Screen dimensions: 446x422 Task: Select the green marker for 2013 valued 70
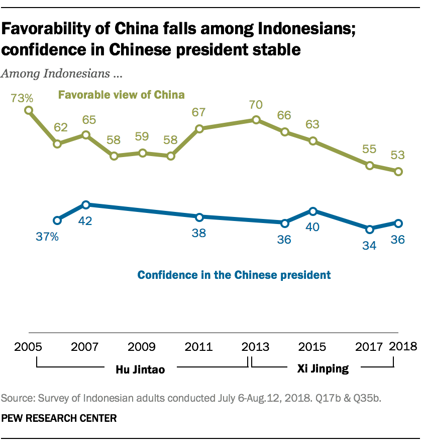pyautogui.click(x=256, y=120)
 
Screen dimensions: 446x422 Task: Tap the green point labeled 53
pyautogui.click(x=398, y=172)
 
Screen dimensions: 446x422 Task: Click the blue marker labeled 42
pyautogui.click(x=86, y=205)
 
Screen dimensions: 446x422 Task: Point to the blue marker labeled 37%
pyautogui.click(x=57, y=220)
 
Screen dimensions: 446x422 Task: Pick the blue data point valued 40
pyautogui.click(x=313, y=211)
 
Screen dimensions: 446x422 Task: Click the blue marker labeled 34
pyautogui.click(x=370, y=229)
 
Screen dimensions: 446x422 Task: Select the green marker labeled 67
pyautogui.click(x=199, y=129)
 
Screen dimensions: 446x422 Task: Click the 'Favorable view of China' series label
pyautogui.click(x=122, y=95)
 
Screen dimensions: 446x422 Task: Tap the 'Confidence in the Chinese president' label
pyautogui.click(x=234, y=275)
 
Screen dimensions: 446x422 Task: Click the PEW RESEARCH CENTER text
pyautogui.click(x=59, y=418)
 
